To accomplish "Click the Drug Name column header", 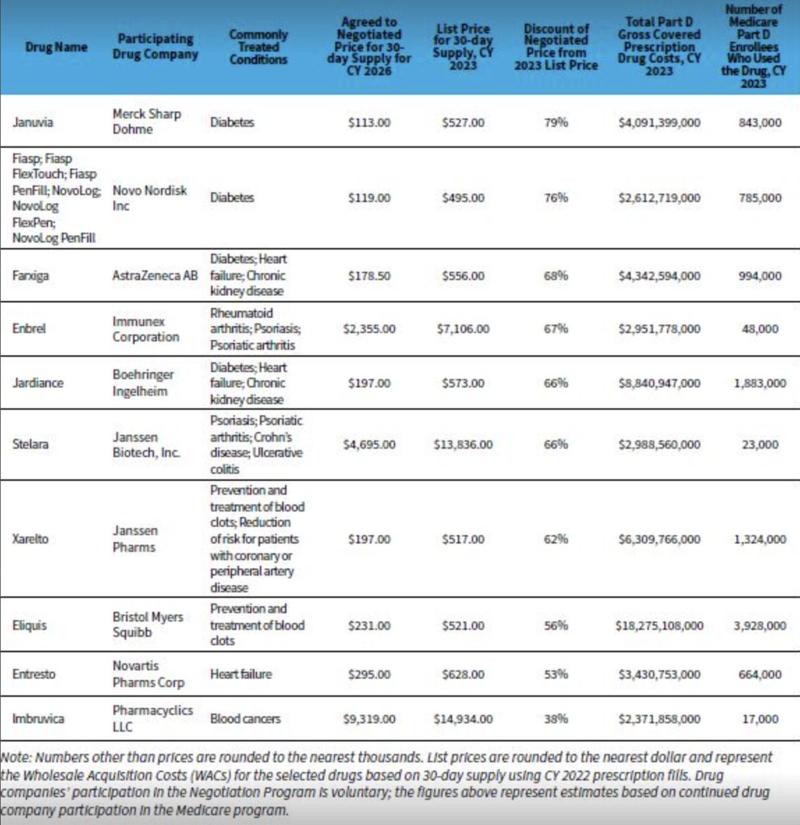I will pyautogui.click(x=56, y=47).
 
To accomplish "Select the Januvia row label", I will pyautogui.click(x=33, y=123).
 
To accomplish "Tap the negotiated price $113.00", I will pyautogui.click(x=369, y=123).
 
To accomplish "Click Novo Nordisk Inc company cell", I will pyautogui.click(x=149, y=198).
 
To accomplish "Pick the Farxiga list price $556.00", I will pyautogui.click(x=463, y=276).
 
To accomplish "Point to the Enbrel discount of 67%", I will pyautogui.click(x=555, y=329).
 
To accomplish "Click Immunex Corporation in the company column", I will pyautogui.click(x=146, y=329).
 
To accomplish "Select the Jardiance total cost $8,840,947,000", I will pyautogui.click(x=659, y=383).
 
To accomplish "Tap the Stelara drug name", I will pyautogui.click(x=31, y=444).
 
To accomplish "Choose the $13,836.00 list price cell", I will pyautogui.click(x=463, y=445).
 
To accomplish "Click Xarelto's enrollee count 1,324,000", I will pyautogui.click(x=760, y=539).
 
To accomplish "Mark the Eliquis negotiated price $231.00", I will pyautogui.click(x=369, y=626).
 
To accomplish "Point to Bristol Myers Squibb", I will pyautogui.click(x=148, y=625).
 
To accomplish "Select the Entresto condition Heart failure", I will pyautogui.click(x=241, y=674).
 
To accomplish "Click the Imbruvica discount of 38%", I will pyautogui.click(x=555, y=718).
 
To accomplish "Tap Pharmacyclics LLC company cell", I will pyautogui.click(x=153, y=718).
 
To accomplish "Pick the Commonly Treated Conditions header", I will pyautogui.click(x=258, y=47).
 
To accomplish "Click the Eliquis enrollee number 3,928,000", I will pyautogui.click(x=760, y=626).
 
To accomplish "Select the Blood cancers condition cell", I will pyautogui.click(x=245, y=718).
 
